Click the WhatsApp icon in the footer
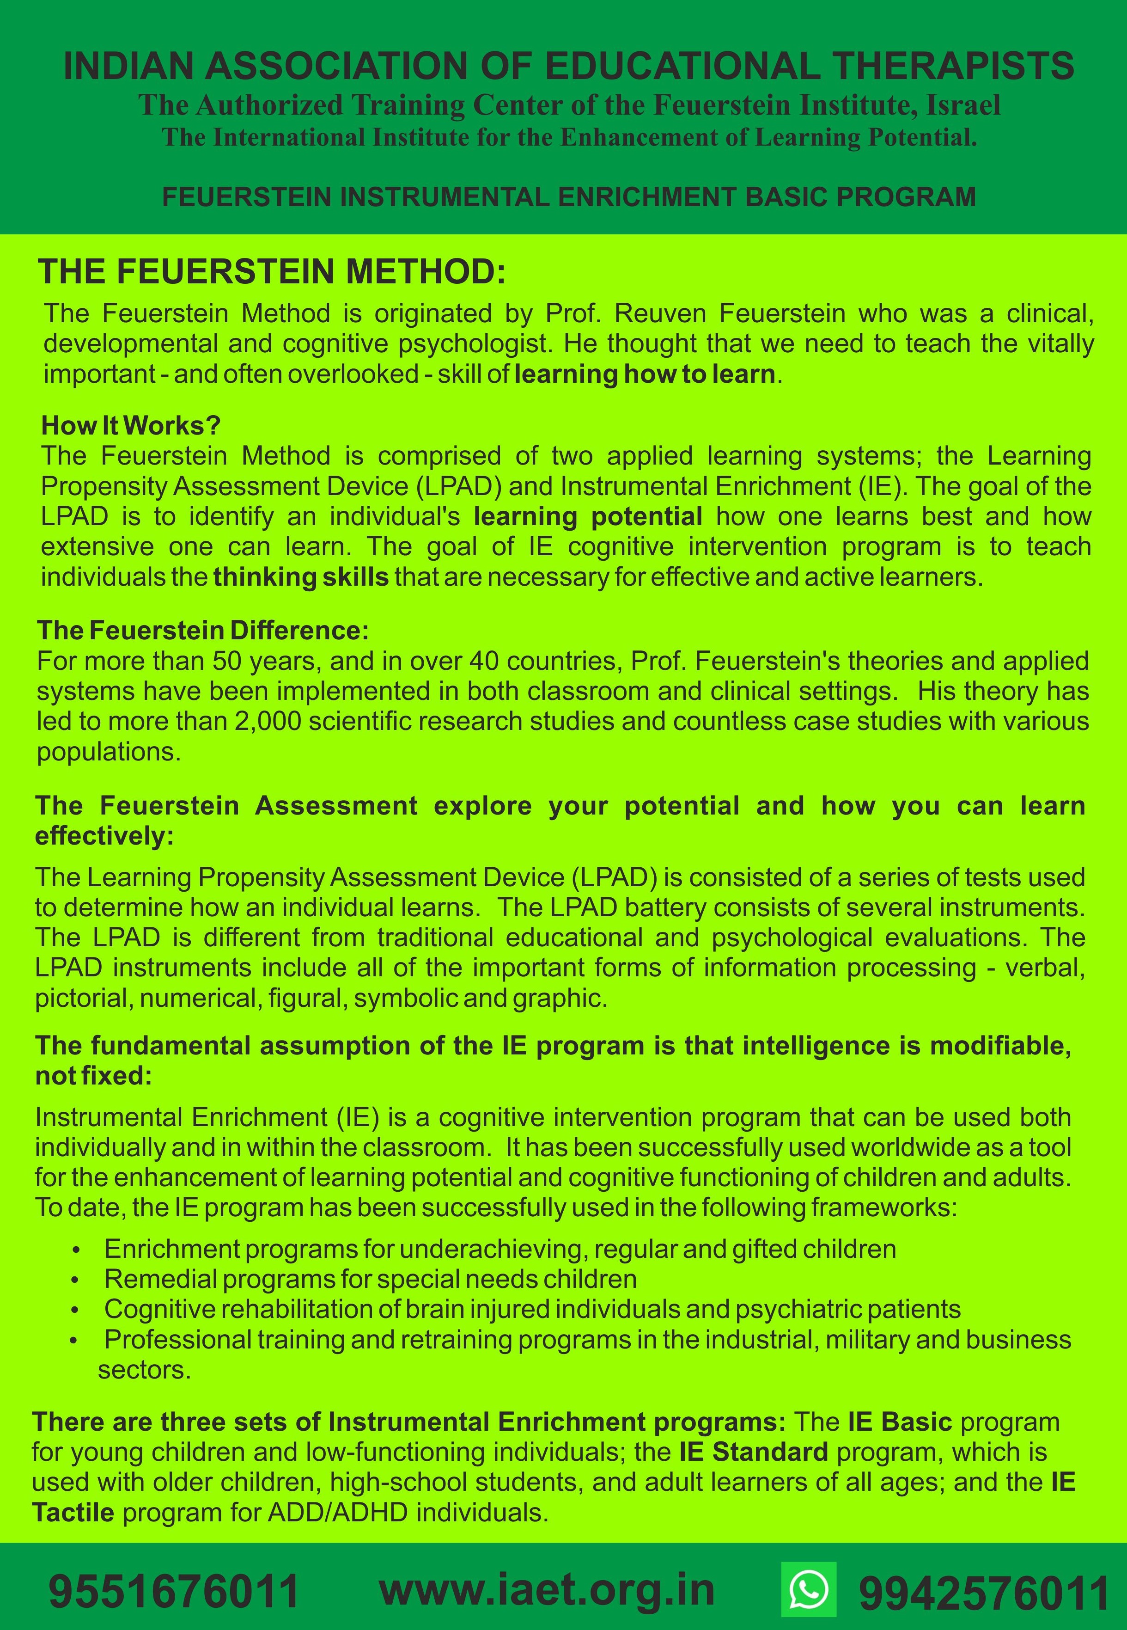click(809, 1588)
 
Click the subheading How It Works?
click(131, 425)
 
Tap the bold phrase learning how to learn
click(645, 374)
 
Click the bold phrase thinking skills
click(301, 577)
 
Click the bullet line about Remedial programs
click(370, 1279)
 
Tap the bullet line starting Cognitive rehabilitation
click(532, 1309)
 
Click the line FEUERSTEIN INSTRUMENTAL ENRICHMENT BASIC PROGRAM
click(568, 196)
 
